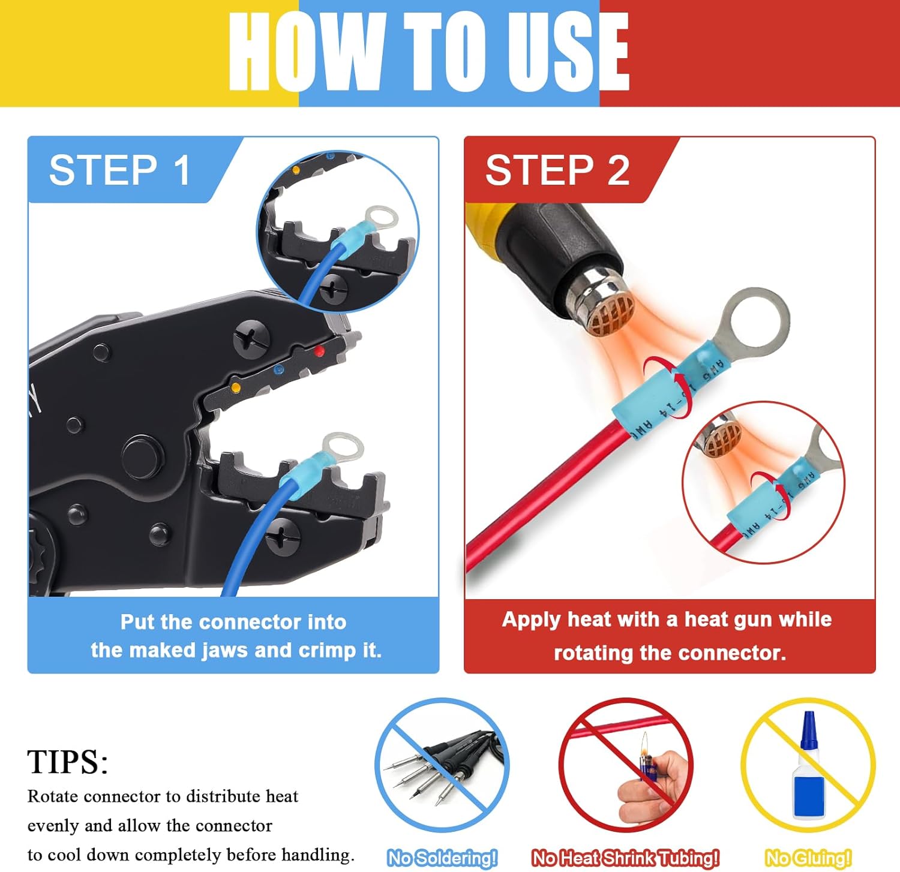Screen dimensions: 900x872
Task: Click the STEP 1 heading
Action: coord(120,170)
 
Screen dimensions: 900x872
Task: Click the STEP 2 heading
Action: coord(557,170)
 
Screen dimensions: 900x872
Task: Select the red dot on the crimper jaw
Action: coord(319,351)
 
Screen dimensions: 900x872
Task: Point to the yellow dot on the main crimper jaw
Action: coord(236,388)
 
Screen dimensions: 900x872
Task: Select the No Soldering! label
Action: coord(442,858)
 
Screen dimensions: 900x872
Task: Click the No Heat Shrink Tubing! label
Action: coord(625,858)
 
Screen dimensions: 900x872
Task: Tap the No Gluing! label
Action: coord(808,858)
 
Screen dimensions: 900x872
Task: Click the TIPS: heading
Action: coord(68,762)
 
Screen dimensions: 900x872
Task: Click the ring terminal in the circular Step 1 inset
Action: coord(380,217)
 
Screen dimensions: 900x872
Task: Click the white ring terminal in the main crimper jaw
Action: coord(343,448)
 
